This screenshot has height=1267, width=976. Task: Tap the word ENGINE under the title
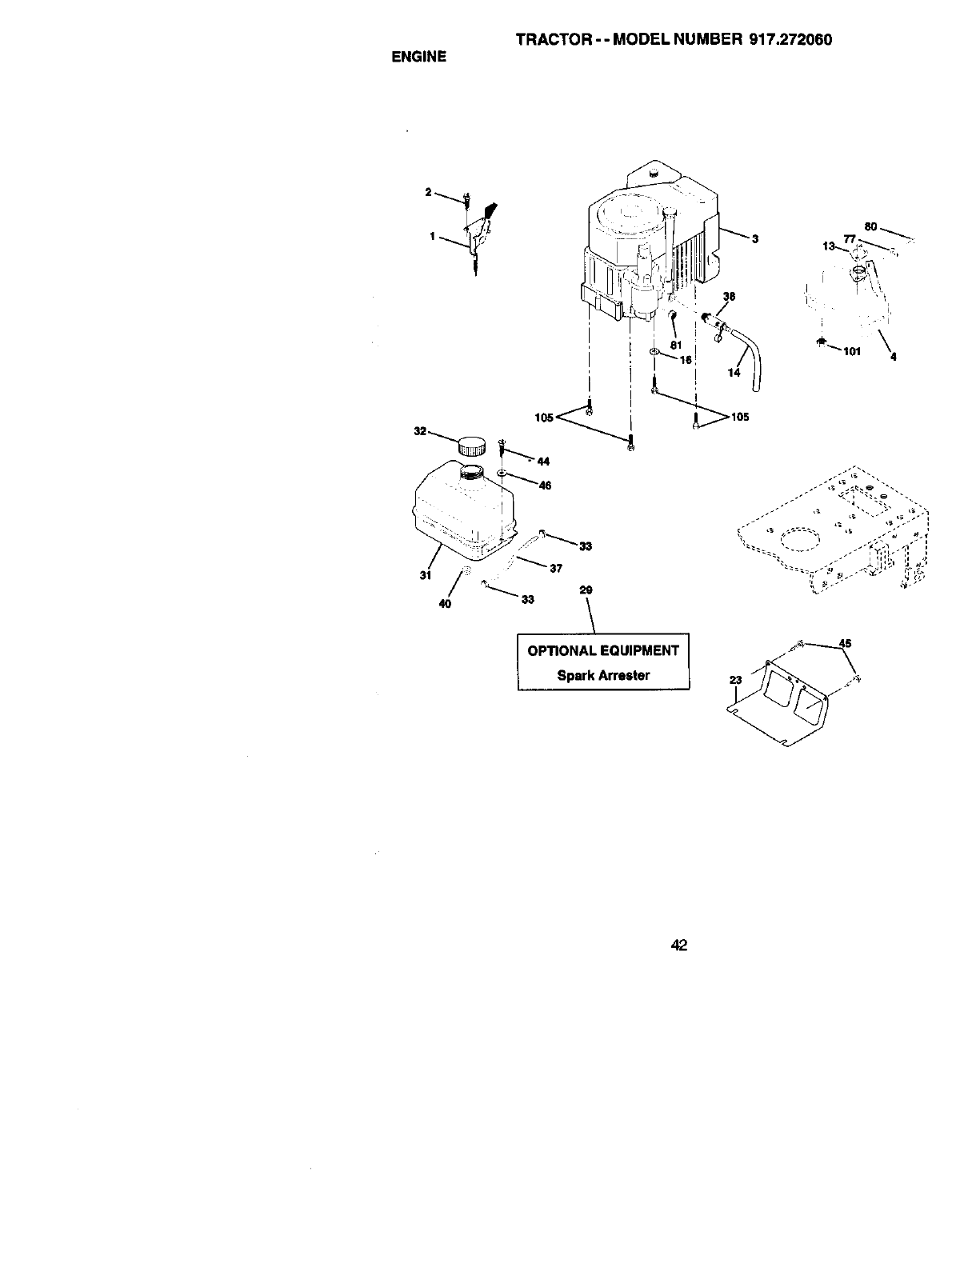pos(418,58)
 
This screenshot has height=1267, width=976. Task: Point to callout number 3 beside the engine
pos(754,239)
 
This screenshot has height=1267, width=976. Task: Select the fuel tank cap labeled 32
pos(473,445)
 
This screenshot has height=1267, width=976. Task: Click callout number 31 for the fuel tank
pos(426,575)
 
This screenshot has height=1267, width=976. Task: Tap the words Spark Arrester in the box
pos(603,675)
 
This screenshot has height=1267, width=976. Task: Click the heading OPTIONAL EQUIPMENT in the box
pos(603,650)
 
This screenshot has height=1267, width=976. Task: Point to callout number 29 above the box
pos(586,591)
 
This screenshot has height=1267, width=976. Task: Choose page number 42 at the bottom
pos(679,946)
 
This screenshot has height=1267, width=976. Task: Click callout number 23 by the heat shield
pos(736,681)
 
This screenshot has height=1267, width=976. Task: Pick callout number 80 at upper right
pos(873,226)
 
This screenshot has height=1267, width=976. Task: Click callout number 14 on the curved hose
pos(734,373)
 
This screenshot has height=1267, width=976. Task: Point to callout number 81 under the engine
pos(675,345)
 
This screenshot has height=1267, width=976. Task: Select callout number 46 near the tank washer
pos(545,486)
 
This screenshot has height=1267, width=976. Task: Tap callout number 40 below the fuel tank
pos(446,604)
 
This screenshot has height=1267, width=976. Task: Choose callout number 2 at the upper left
pos(428,192)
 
